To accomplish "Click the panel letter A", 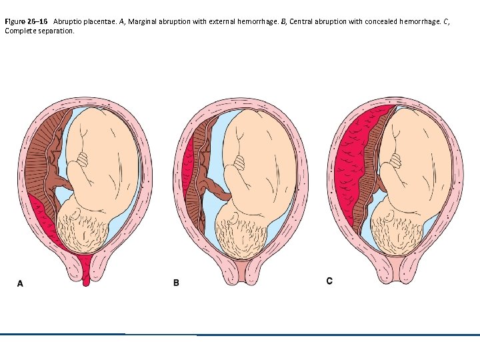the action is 20,283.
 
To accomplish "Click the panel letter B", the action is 176,283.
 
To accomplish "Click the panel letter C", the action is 329,281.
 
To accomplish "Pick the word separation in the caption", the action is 56,31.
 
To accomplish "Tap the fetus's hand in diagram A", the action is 82,160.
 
